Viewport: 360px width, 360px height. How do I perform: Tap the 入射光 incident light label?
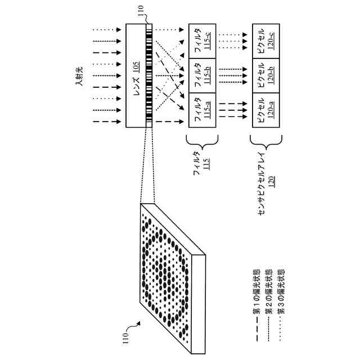80,75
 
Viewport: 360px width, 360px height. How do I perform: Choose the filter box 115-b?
199,75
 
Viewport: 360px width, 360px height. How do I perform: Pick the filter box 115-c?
199,40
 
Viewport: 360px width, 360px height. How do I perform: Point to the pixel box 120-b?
263,75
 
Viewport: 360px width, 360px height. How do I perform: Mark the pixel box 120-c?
263,40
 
